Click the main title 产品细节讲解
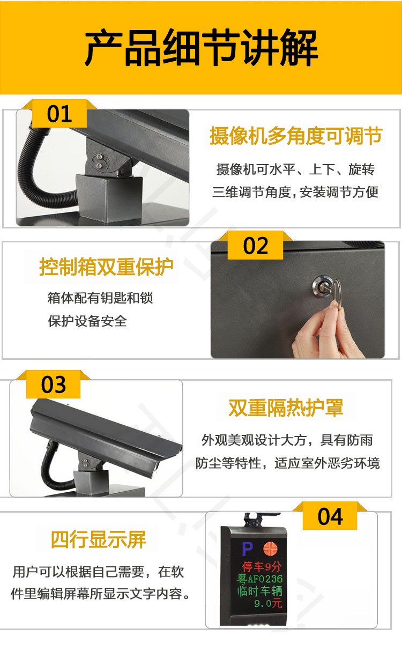[201, 47]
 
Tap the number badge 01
[59, 114]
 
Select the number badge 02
[255, 246]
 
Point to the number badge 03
[53, 385]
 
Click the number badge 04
[330, 517]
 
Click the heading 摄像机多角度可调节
[296, 136]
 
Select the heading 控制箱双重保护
[106, 267]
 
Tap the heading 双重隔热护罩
[286, 408]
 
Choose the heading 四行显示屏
[99, 539]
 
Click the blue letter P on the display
[247, 549]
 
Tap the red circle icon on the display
[270, 549]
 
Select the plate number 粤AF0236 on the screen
[259, 579]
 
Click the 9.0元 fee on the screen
[268, 603]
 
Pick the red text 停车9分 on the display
[262, 566]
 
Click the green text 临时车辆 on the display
[260, 591]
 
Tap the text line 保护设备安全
[87, 321]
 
